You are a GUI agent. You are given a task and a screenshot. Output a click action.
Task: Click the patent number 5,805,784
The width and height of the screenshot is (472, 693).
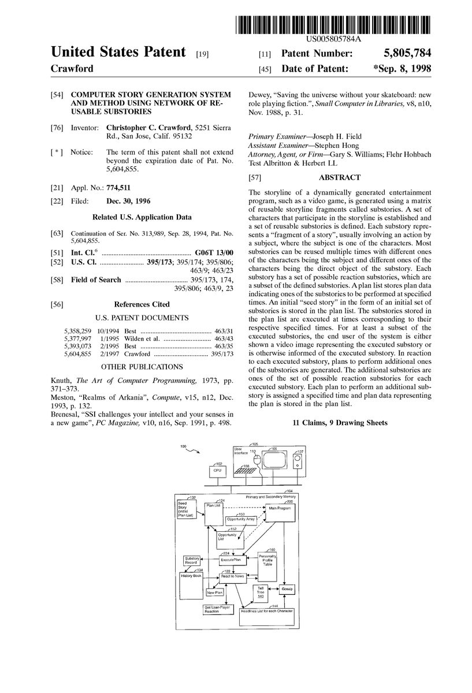[408, 54]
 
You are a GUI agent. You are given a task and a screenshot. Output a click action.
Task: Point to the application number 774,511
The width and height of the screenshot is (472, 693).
[118, 188]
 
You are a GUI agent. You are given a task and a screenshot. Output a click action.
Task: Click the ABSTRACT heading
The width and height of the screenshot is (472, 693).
[339, 178]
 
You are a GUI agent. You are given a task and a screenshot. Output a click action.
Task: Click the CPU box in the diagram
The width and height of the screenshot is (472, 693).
[217, 471]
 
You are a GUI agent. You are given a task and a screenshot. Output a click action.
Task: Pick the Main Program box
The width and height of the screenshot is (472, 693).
[279, 508]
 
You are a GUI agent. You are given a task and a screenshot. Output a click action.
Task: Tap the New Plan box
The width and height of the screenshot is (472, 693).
[214, 592]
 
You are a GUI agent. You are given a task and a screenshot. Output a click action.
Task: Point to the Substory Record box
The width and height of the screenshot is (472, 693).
[191, 560]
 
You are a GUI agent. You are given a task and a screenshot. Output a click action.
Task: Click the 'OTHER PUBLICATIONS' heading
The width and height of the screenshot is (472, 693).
[142, 366]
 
